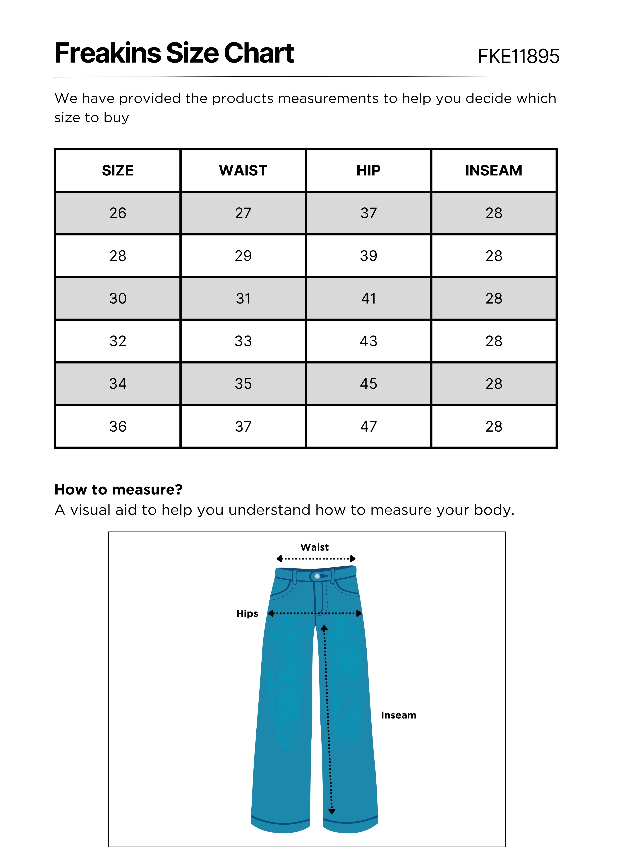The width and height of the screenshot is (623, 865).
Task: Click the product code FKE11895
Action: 519,56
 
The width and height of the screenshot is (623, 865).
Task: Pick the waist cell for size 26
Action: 243,213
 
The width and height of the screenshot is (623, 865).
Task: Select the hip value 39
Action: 368,256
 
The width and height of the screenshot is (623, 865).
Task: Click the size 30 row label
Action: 118,298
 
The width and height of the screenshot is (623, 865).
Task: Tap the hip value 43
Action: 368,341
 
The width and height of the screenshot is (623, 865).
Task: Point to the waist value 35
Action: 243,384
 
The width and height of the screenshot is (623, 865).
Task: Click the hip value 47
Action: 368,426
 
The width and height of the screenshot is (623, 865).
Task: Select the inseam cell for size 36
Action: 494,426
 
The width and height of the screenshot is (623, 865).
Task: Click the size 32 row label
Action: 118,341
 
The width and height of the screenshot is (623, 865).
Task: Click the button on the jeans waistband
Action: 317,576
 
